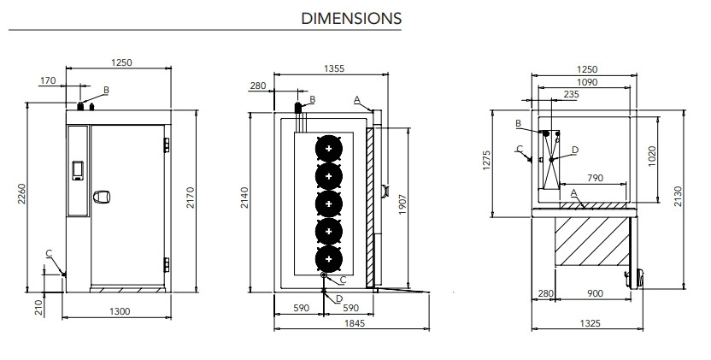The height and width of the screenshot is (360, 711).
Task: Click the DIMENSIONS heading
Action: [351, 18]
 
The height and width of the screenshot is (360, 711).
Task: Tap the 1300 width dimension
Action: [120, 311]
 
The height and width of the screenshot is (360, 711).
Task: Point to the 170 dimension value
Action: [48, 81]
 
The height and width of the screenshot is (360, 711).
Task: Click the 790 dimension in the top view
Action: [595, 178]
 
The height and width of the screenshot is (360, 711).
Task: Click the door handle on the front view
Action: [103, 197]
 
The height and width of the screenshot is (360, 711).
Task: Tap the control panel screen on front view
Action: [79, 168]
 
